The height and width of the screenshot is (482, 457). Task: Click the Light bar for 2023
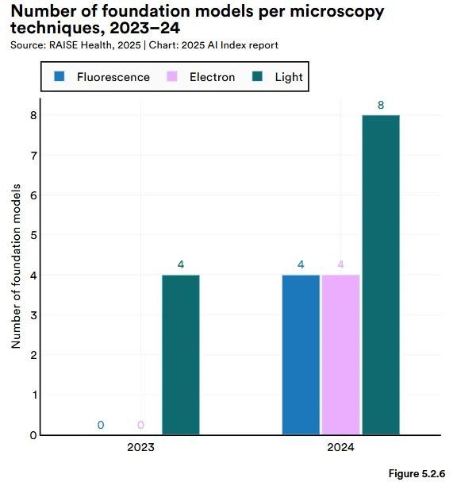pos(181,355)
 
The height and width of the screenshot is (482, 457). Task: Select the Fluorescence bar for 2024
pos(301,355)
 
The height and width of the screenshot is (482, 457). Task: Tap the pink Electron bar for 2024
pos(340,355)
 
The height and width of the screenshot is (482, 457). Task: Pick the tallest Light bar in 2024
pos(380,275)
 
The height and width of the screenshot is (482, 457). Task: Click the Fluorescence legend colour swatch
pos(60,77)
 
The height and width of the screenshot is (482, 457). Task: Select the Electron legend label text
pos(212,77)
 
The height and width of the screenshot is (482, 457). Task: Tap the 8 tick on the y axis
pos(33,115)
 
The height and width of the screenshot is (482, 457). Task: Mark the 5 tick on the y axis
pos(33,235)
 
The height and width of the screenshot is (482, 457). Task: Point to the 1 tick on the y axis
pos(33,395)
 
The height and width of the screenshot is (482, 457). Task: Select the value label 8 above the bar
pos(381,105)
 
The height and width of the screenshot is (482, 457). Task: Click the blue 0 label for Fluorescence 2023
pos(101,425)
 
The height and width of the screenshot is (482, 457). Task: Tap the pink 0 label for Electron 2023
pos(140,425)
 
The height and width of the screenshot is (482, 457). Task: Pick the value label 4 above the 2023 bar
pos(181,264)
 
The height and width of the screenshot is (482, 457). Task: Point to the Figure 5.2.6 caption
pos(417,473)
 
